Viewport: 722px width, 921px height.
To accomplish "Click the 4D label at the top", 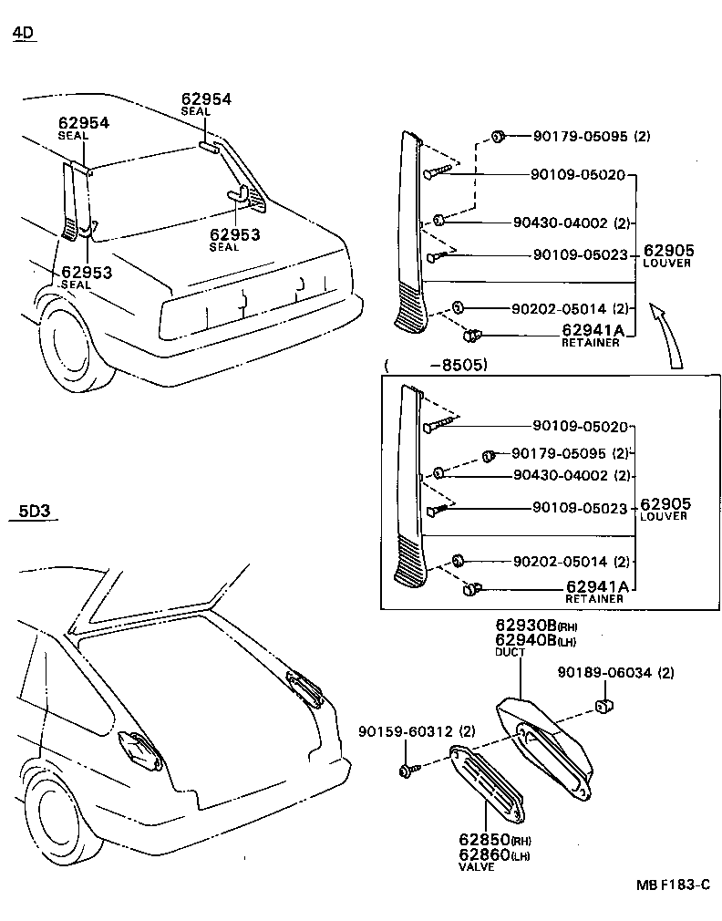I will pos(23,34).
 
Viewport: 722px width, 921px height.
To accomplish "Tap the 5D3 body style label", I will pos(34,511).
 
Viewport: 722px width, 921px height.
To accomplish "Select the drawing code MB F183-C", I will pos(673,885).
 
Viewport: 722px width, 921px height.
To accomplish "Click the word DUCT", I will pos(508,653).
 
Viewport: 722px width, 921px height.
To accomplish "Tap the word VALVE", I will pos(476,867).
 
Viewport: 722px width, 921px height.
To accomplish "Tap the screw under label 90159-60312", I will pos(407,771).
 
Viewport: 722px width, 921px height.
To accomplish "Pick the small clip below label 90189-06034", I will pos(603,705).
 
